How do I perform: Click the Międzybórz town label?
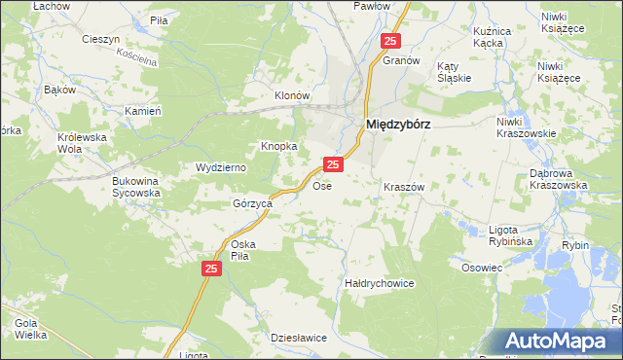tap(398, 125)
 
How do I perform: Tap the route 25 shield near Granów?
tap(390, 41)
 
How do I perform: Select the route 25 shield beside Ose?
tap(333, 166)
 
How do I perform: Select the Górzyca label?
tap(251, 204)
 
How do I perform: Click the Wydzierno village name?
tap(221, 167)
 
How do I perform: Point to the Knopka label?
tap(278, 147)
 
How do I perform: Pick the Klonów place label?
tap(291, 96)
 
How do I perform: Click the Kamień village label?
tap(142, 111)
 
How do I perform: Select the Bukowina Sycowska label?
tap(135, 187)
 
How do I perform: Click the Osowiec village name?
tap(482, 268)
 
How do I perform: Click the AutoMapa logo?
tap(557, 342)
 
